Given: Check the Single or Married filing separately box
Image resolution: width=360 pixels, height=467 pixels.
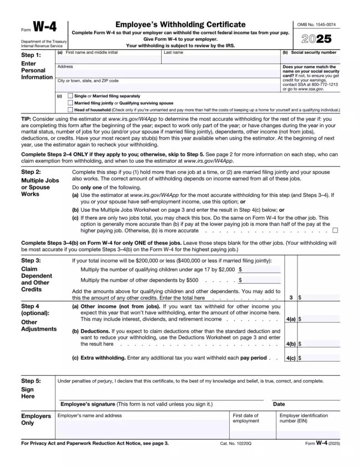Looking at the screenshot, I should (x=70, y=96).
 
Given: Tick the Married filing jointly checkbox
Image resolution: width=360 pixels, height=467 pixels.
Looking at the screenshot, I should (x=70, y=103).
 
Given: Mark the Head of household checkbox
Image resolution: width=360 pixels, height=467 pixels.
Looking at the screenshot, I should (x=70, y=110).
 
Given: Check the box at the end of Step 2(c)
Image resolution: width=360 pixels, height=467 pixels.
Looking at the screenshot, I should (x=335, y=230).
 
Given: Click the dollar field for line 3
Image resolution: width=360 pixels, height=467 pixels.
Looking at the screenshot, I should (x=321, y=297).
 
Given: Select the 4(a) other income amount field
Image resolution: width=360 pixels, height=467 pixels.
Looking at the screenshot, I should (x=321, y=320).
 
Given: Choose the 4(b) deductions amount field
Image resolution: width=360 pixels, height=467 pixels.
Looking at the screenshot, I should (x=321, y=344).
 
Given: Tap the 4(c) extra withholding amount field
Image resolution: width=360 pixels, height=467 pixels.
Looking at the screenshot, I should (x=321, y=358).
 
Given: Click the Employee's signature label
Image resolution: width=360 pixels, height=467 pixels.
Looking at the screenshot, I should (x=88, y=404).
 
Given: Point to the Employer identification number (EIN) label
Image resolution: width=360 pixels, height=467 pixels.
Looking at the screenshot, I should (x=303, y=418).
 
